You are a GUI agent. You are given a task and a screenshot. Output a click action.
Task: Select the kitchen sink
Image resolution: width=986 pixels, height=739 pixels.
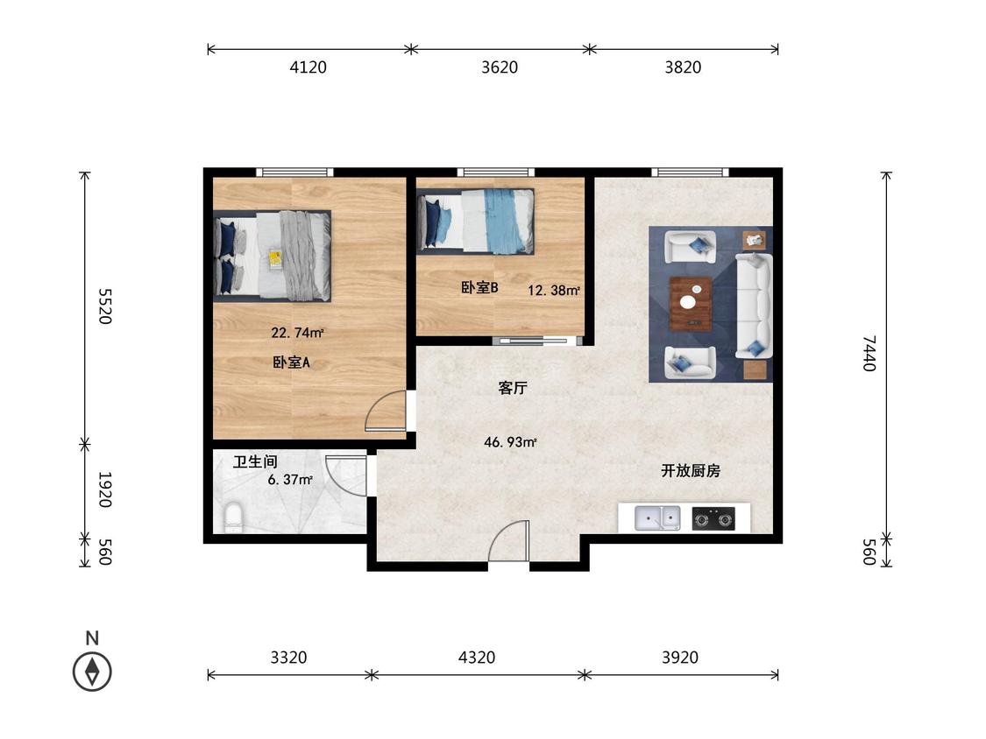pos(657,518)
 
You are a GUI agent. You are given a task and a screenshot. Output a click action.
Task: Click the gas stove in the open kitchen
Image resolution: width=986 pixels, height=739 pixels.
pos(713,519)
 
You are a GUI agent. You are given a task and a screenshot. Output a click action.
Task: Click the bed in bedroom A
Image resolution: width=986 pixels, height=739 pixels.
pos(273,256)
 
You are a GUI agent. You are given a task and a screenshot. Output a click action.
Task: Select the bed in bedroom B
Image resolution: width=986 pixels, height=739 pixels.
pos(477,221)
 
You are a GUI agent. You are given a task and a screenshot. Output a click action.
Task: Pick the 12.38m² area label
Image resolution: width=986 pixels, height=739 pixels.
pos(553,290)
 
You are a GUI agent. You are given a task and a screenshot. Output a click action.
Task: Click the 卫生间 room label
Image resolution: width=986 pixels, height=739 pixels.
pos(255,461)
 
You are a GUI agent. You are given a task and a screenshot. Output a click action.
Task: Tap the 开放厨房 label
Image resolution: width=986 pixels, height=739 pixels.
pos(691,471)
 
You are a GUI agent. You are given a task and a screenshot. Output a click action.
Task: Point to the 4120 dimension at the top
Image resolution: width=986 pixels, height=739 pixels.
pos(308,67)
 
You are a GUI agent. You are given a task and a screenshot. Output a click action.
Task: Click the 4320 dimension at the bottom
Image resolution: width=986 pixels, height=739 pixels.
pos(477,658)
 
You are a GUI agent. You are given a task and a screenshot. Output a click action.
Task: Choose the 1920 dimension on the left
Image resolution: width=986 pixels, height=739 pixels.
pos(104,489)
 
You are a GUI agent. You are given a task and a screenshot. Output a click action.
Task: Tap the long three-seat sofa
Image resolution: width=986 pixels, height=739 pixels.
pos(753,306)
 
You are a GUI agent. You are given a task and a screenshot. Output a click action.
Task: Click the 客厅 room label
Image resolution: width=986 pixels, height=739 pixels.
pos(513,388)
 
